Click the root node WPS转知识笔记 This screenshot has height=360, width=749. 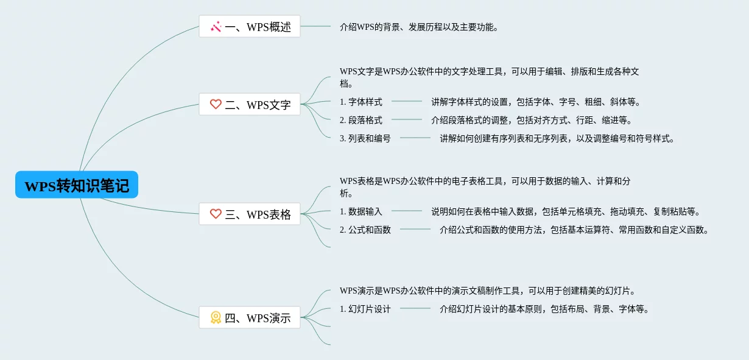(77, 185)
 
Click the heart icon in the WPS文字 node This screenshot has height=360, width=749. (216, 105)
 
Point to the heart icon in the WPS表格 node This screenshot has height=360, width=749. (216, 214)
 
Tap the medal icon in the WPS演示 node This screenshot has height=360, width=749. (216, 317)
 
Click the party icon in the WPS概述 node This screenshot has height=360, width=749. (216, 27)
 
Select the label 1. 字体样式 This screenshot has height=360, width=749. (361, 102)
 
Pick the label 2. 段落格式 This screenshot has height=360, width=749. (361, 120)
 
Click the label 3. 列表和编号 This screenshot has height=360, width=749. (365, 138)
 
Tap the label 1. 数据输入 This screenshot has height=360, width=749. (361, 211)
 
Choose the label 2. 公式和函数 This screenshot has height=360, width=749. (365, 230)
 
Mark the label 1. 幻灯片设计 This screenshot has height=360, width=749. (365, 309)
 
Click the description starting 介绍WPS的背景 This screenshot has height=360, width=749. (420, 27)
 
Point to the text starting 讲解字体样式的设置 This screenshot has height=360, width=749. (536, 102)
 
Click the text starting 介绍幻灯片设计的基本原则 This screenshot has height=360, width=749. (544, 309)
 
